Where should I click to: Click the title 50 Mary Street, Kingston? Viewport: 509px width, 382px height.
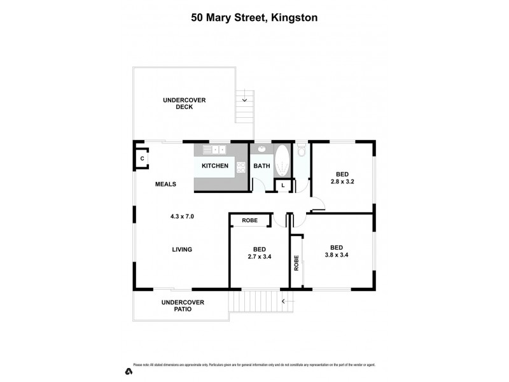click(x=254, y=18)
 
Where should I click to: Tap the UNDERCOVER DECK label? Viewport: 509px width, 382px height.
click(x=185, y=103)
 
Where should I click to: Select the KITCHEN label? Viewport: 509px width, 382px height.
click(x=215, y=166)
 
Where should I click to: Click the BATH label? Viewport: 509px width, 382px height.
click(x=261, y=166)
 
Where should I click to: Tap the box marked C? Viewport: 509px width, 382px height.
click(x=143, y=159)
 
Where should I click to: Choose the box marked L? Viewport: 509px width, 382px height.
click(x=283, y=185)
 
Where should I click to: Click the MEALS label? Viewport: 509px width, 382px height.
click(x=165, y=185)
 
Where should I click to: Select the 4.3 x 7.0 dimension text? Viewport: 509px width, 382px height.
click(x=182, y=216)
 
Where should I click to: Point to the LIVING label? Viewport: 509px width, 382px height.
click(x=182, y=250)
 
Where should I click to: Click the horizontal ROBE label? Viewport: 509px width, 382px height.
click(x=250, y=220)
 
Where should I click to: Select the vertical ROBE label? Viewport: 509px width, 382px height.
click(x=296, y=263)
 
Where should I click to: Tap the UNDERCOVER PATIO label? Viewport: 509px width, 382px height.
click(x=183, y=306)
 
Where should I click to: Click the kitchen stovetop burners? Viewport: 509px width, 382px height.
click(x=241, y=167)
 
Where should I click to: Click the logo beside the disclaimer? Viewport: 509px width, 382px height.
click(x=128, y=371)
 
